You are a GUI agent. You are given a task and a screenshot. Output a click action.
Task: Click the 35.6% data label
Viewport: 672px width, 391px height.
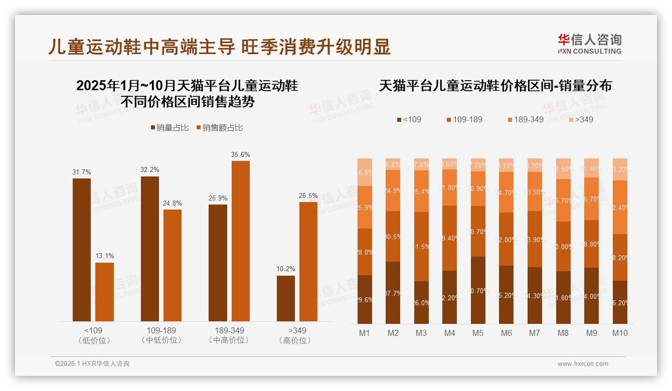240,154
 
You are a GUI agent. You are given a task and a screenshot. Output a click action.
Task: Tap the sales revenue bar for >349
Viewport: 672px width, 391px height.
308,261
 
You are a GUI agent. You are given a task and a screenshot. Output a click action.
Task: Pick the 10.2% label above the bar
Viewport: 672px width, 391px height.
286,269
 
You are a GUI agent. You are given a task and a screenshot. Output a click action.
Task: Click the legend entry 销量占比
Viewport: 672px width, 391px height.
170,128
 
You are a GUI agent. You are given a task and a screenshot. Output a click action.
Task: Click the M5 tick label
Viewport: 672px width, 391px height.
478,333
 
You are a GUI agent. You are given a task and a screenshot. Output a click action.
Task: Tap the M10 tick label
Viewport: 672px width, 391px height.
620,333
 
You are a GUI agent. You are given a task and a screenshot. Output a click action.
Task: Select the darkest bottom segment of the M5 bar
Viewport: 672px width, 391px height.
478,290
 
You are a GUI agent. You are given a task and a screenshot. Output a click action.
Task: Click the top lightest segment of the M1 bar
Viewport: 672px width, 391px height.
365,172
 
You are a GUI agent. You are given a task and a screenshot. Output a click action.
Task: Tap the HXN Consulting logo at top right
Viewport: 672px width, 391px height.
589,44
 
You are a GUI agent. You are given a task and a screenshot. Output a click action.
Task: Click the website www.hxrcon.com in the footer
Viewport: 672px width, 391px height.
583,364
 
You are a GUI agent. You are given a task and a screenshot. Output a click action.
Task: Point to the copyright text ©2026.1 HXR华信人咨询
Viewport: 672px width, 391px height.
92,364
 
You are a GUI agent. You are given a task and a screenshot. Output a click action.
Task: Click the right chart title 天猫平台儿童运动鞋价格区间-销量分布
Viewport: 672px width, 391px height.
495,85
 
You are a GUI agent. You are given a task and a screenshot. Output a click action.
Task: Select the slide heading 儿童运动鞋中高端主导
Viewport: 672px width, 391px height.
141,47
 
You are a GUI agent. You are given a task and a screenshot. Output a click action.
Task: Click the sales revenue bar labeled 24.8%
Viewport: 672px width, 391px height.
173,265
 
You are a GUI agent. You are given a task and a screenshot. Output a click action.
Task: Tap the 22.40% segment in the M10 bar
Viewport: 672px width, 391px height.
620,207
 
